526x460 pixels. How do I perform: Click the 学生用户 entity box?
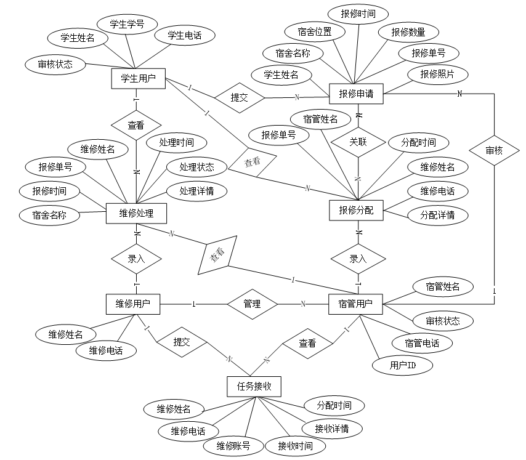pyautogui.click(x=138, y=78)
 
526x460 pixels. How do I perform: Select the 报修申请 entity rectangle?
pyautogui.click(x=357, y=94)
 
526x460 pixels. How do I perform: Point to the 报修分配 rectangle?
pyautogui.click(x=356, y=210)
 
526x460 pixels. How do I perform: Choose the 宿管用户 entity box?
pyautogui.click(x=356, y=303)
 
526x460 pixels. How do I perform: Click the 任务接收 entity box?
pyautogui.click(x=254, y=387)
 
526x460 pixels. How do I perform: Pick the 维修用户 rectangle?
pyautogui.click(x=134, y=303)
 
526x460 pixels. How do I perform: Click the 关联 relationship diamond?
pyautogui.click(x=358, y=142)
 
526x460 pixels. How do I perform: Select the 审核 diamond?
pyautogui.click(x=494, y=150)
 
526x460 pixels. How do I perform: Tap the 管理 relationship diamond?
pyautogui.click(x=252, y=304)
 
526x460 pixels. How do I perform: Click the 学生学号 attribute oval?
pyautogui.click(x=127, y=25)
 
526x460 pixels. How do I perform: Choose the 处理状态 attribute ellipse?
pyautogui.click(x=196, y=167)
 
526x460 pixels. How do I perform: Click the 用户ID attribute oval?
pyautogui.click(x=402, y=366)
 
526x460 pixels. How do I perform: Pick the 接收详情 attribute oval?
pyautogui.click(x=331, y=428)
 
